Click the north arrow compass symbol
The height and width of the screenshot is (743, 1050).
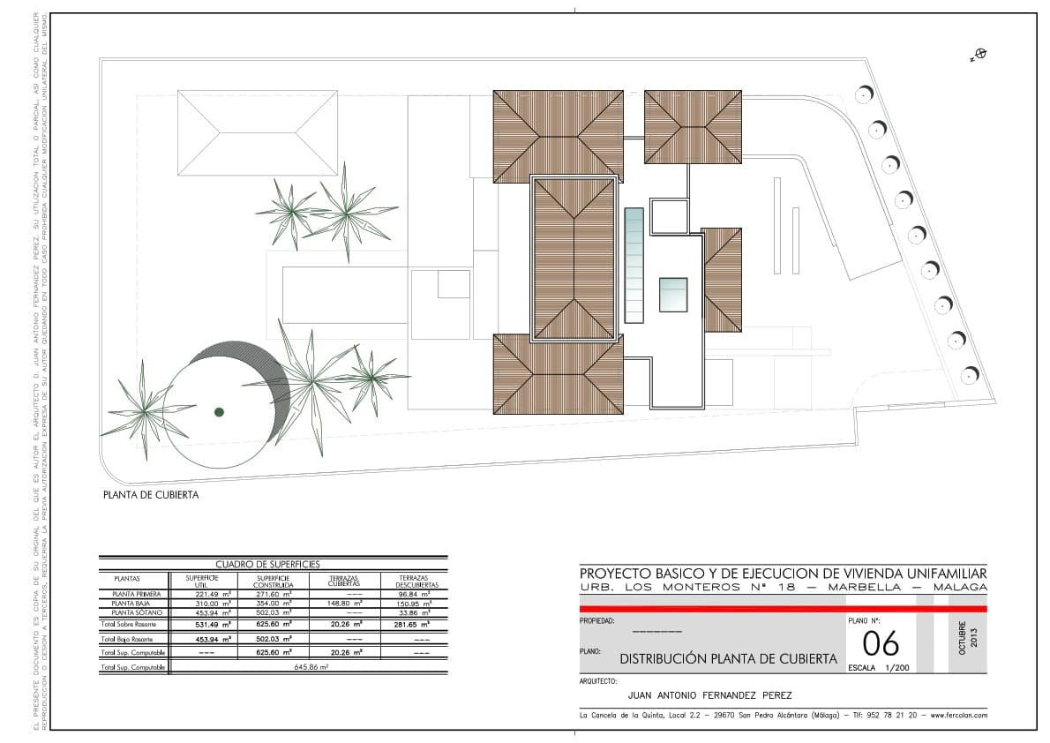(979, 55)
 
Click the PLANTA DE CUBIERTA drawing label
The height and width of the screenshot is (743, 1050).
(151, 495)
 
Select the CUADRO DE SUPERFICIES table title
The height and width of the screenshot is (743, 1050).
(267, 564)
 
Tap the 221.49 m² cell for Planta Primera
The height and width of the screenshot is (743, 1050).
(213, 595)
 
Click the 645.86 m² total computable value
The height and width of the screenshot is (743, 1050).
(311, 668)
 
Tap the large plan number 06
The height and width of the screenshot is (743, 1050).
(880, 644)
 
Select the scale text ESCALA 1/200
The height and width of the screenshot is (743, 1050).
(878, 668)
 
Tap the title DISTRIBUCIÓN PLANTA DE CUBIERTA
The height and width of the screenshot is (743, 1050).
(728, 658)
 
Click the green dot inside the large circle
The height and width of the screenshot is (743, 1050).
(219, 412)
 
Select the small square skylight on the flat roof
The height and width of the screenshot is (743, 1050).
(673, 295)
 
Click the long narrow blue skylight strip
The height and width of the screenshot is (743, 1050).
(634, 266)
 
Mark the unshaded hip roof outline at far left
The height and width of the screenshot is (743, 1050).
(258, 133)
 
